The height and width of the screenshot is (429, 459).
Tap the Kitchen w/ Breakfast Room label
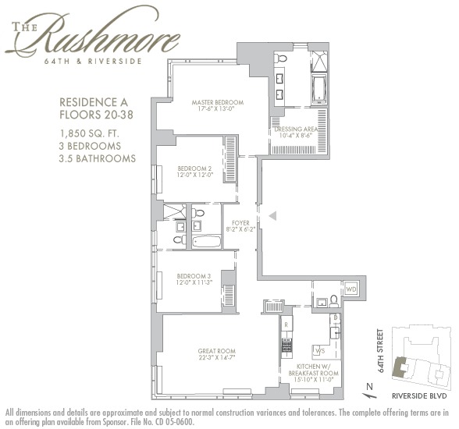click(317, 369)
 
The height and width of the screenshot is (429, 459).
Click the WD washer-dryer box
click(350, 289)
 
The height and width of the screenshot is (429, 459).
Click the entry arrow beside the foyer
click(272, 216)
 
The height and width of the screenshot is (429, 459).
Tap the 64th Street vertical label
click(381, 351)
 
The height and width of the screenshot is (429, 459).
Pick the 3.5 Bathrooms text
click(98, 158)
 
